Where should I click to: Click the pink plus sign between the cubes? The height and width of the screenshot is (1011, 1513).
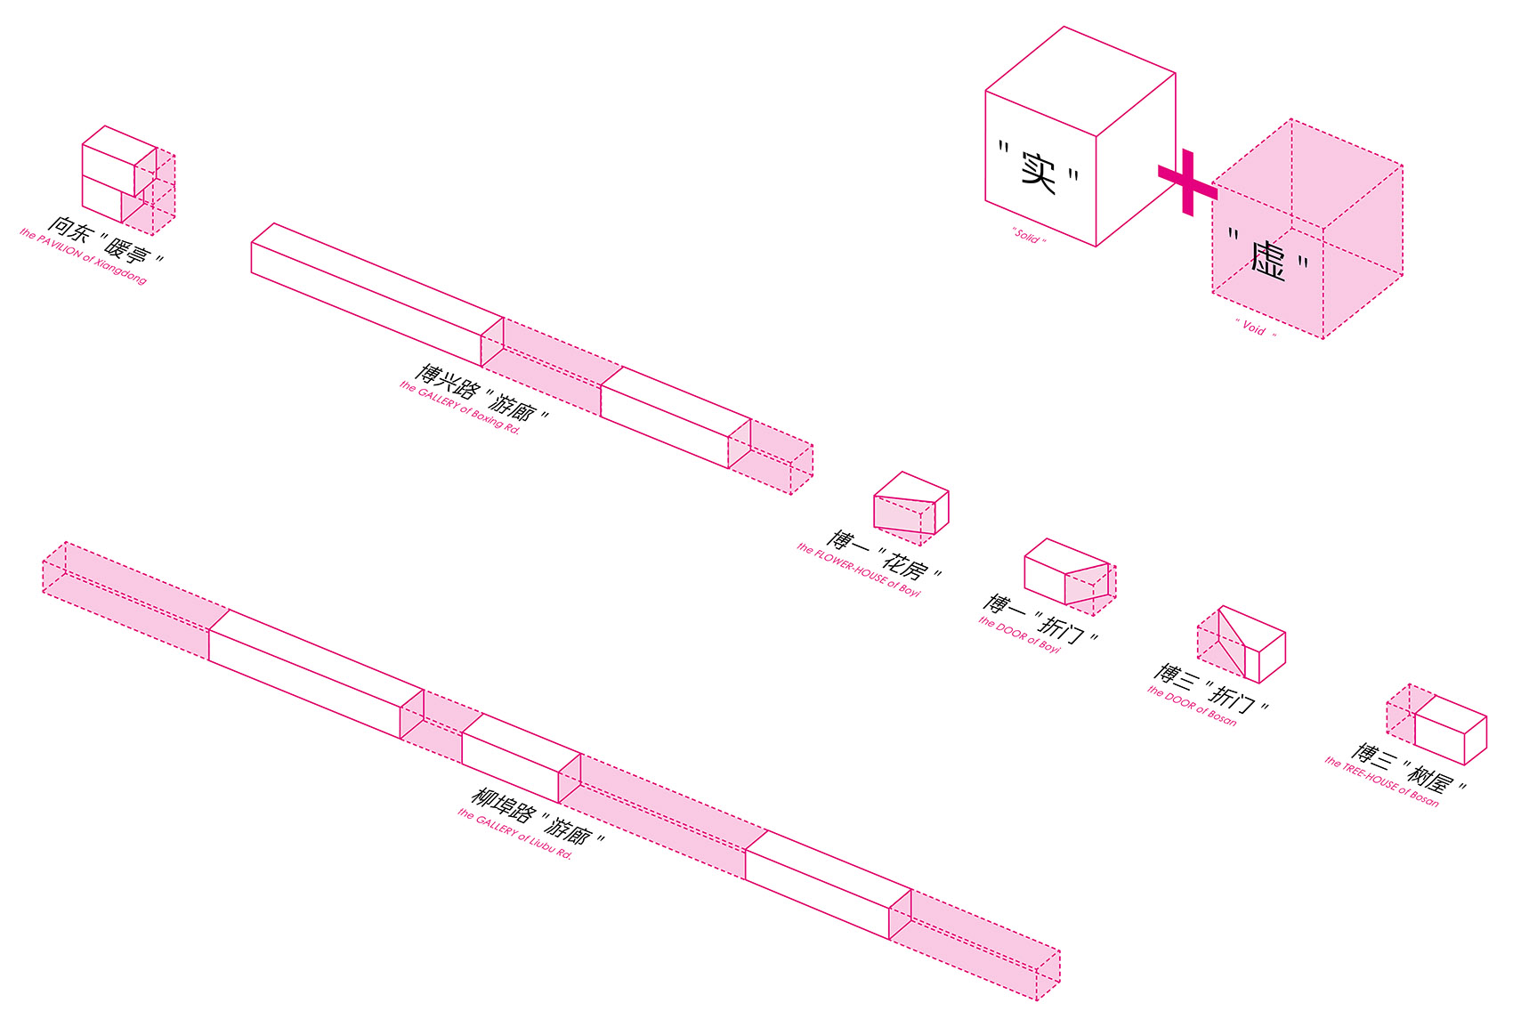[x=1187, y=182]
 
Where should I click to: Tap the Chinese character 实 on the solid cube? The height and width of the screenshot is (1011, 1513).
[x=1038, y=170]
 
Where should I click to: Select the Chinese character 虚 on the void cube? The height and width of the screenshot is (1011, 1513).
[x=1268, y=260]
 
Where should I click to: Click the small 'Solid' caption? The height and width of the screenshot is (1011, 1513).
[x=1028, y=237]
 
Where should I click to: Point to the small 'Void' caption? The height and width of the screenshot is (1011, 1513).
[x=1255, y=328]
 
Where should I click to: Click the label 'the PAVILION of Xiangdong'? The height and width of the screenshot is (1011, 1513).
[x=83, y=257]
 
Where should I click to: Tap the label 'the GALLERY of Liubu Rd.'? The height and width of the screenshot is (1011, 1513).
[x=515, y=834]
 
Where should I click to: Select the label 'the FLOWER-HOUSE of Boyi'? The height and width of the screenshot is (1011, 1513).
[x=858, y=570]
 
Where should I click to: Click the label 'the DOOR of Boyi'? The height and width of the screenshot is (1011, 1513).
[x=1019, y=635]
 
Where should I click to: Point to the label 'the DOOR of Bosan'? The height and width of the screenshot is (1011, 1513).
[x=1191, y=705]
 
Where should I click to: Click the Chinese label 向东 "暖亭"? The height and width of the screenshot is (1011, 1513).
[x=106, y=239]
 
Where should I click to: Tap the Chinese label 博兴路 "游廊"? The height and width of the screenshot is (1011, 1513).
[x=482, y=392]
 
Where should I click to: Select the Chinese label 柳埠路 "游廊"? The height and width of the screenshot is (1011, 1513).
[x=538, y=815]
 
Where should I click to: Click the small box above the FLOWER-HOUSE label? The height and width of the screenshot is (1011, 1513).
[x=910, y=507]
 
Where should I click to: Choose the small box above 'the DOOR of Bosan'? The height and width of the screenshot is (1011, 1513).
[x=1241, y=643]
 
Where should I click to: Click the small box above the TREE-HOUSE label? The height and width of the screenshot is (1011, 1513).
[x=1437, y=725]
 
